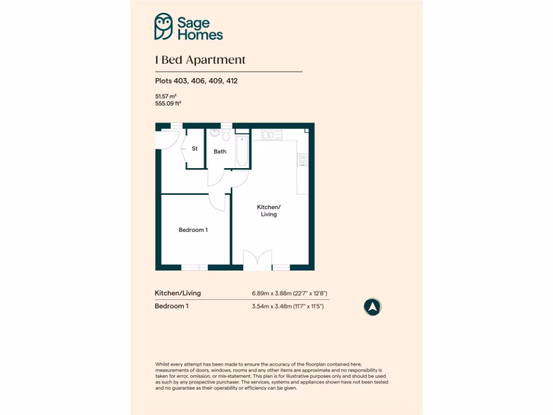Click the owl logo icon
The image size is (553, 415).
click(x=164, y=26)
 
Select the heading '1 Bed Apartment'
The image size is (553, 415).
click(x=200, y=60)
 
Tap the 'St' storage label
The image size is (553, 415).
click(x=194, y=149)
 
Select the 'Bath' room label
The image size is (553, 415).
click(x=220, y=151)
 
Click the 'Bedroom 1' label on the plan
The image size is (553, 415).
click(x=193, y=230)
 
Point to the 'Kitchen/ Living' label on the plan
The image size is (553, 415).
click(x=268, y=211)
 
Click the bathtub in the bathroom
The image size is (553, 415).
click(x=242, y=151)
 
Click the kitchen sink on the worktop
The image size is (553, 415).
click(x=271, y=134)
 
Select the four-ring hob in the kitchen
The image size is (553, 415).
click(x=302, y=159)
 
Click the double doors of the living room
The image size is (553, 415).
click(x=258, y=261)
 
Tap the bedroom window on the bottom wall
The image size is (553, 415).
click(x=194, y=267)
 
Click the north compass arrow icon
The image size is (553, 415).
click(x=372, y=307)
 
